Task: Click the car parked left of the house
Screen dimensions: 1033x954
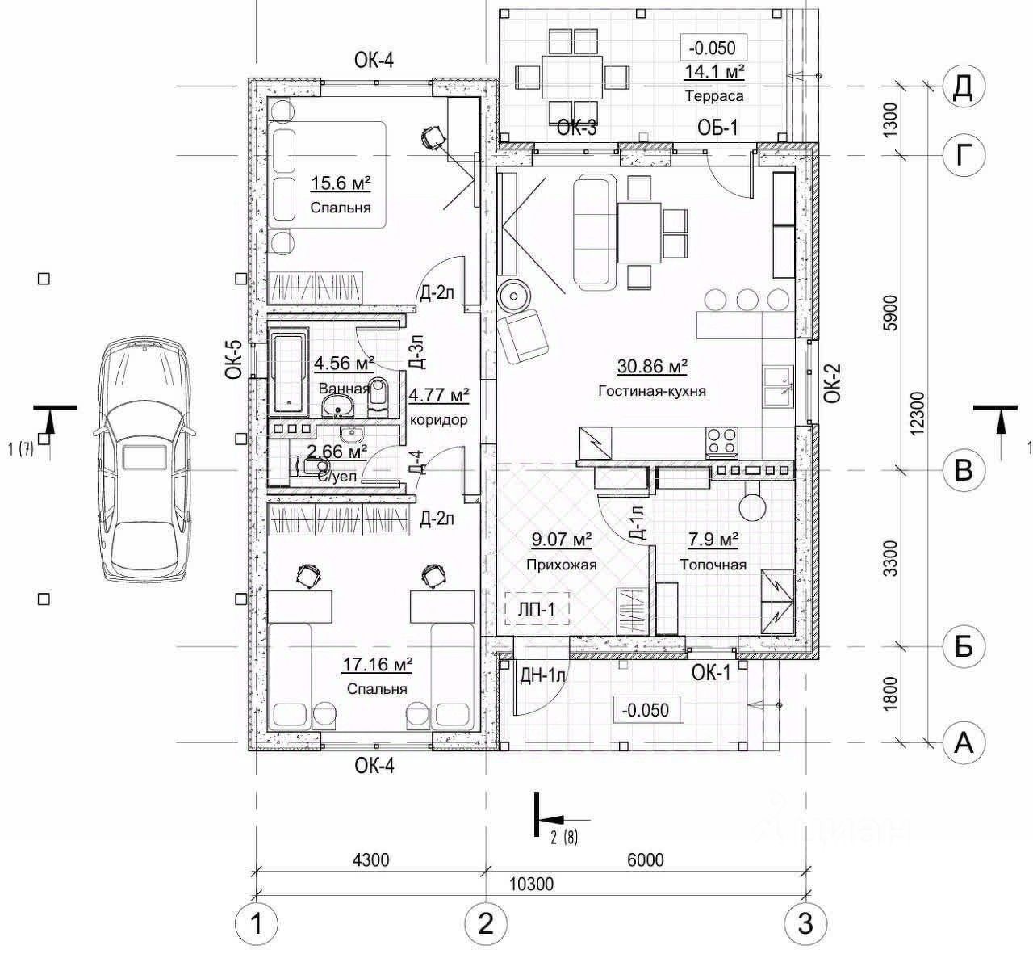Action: point(146,460)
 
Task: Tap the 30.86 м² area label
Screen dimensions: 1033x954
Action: point(652,367)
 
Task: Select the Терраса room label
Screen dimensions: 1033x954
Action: point(713,95)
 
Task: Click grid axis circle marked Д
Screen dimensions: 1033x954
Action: point(963,86)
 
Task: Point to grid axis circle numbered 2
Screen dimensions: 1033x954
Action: point(485,922)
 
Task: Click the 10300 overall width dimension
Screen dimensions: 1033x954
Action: point(532,884)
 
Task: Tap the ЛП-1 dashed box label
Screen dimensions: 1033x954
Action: point(537,609)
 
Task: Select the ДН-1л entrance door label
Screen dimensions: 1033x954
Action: point(545,673)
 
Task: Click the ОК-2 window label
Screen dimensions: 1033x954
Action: point(833,383)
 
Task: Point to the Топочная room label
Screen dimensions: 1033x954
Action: point(713,565)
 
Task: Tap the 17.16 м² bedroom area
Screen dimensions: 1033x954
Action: point(378,665)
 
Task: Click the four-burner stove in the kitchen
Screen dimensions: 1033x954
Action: point(721,440)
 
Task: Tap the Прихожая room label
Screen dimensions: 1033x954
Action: point(561,565)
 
